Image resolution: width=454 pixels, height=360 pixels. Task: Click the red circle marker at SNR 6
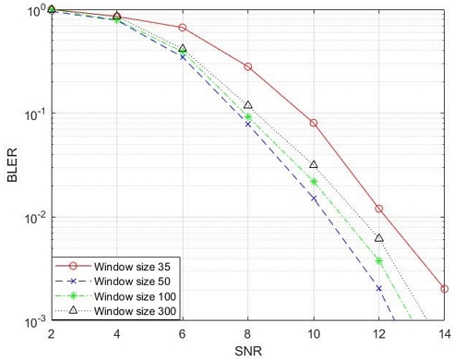point(183,28)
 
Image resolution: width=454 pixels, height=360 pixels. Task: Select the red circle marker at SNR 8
point(248,66)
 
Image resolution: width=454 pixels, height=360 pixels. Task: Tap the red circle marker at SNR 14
point(445,289)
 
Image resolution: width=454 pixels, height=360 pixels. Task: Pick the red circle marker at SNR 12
point(379,209)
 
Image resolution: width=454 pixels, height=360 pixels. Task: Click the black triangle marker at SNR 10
point(314,164)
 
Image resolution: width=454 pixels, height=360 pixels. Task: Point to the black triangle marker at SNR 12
point(379,238)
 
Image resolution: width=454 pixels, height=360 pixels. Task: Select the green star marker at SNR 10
point(314,182)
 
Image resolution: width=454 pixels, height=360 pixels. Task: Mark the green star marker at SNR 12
point(379,261)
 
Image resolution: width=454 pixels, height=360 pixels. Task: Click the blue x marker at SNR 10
point(314,198)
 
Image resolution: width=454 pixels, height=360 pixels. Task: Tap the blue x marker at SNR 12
point(379,288)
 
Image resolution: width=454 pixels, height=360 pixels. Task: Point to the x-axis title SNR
point(247,351)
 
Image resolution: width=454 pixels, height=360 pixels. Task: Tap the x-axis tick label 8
point(248,334)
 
